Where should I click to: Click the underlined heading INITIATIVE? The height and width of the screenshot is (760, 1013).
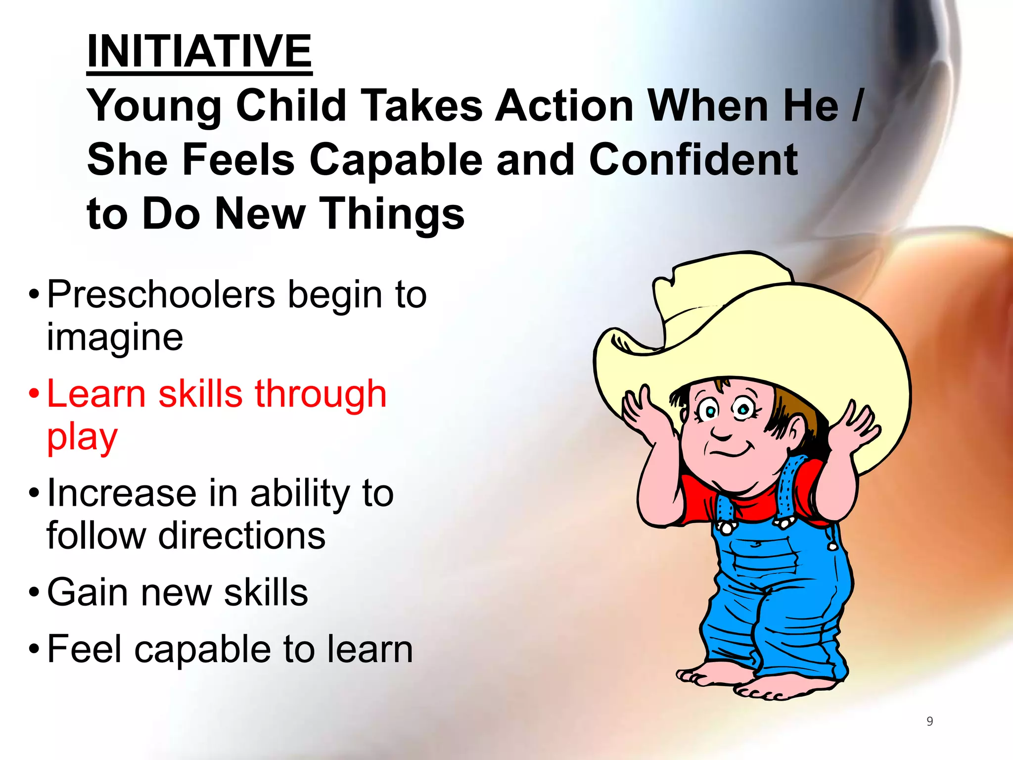[x=199, y=51]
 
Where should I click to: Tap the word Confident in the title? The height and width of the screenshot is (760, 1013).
[x=693, y=159]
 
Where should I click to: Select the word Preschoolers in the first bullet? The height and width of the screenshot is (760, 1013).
[x=161, y=295]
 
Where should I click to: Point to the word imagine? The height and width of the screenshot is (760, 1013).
[x=115, y=337]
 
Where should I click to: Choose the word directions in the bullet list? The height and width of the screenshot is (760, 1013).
[x=242, y=536]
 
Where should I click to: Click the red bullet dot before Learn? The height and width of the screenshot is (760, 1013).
[x=34, y=394]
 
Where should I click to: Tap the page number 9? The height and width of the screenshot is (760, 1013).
[x=929, y=721]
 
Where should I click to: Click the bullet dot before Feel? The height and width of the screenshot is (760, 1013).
[x=34, y=649]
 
